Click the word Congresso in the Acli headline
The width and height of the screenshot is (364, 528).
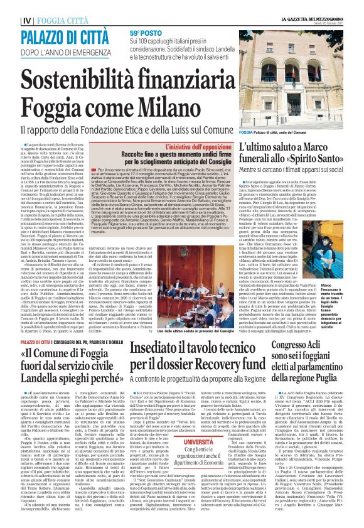(294, 345)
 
